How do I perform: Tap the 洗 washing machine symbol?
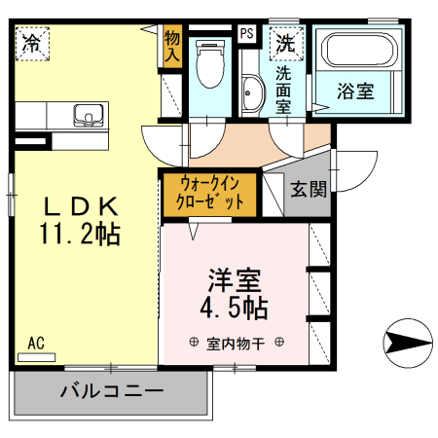coord(285,43)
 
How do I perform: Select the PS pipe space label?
coord(247,34)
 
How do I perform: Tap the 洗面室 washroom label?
coord(284,89)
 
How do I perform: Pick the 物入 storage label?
coord(172,47)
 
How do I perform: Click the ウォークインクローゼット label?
coord(209,193)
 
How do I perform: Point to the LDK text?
coord(79,206)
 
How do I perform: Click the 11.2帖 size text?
coord(80,234)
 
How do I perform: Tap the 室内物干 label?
coord(235,343)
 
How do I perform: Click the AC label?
coord(36,343)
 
